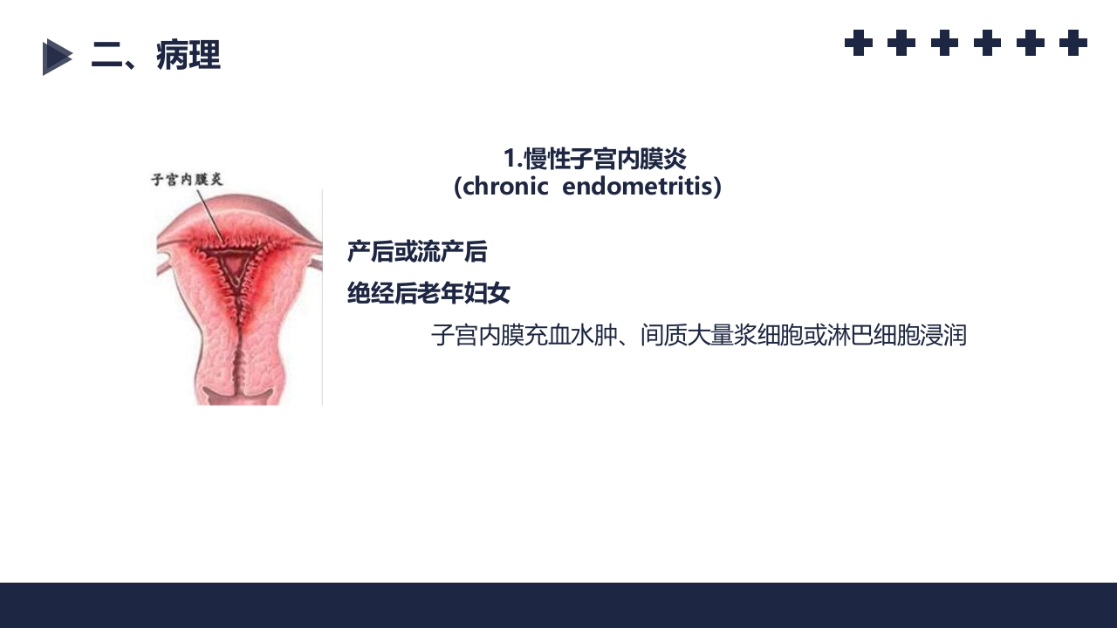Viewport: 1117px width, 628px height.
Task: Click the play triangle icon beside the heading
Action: [57, 57]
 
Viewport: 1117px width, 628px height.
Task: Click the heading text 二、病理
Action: [155, 56]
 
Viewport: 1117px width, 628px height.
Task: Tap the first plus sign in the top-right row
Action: [859, 43]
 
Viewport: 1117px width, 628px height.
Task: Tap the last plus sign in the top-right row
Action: [1072, 43]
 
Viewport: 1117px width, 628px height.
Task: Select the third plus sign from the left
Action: [944, 43]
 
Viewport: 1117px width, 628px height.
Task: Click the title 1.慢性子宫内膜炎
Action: [594, 159]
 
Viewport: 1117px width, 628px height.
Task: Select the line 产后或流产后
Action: [417, 252]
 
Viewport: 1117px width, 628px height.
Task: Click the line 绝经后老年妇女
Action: [428, 294]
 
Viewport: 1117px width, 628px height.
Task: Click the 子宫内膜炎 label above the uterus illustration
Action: [187, 180]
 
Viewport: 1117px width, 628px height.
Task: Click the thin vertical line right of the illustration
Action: [322, 297]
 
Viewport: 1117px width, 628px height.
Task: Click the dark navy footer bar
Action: [558, 605]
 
